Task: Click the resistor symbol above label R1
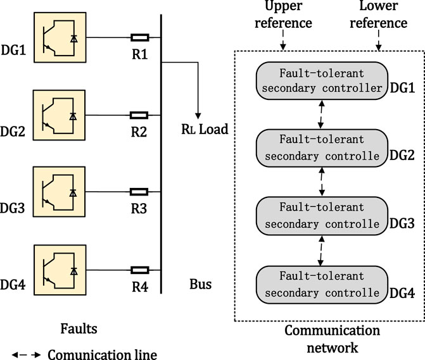tap(139, 37)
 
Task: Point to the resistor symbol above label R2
tap(139, 116)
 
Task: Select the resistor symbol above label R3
tap(139, 190)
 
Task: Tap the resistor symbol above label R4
tap(139, 270)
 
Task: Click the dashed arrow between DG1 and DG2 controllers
tap(323, 116)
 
